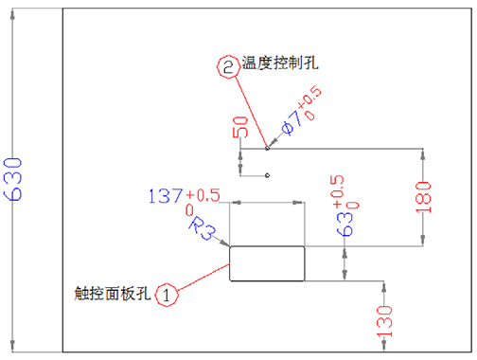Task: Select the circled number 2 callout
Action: tap(229, 67)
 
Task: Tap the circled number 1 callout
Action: tap(168, 294)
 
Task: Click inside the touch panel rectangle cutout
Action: tap(268, 263)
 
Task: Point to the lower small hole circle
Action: tap(269, 175)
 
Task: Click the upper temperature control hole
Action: tap(268, 147)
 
